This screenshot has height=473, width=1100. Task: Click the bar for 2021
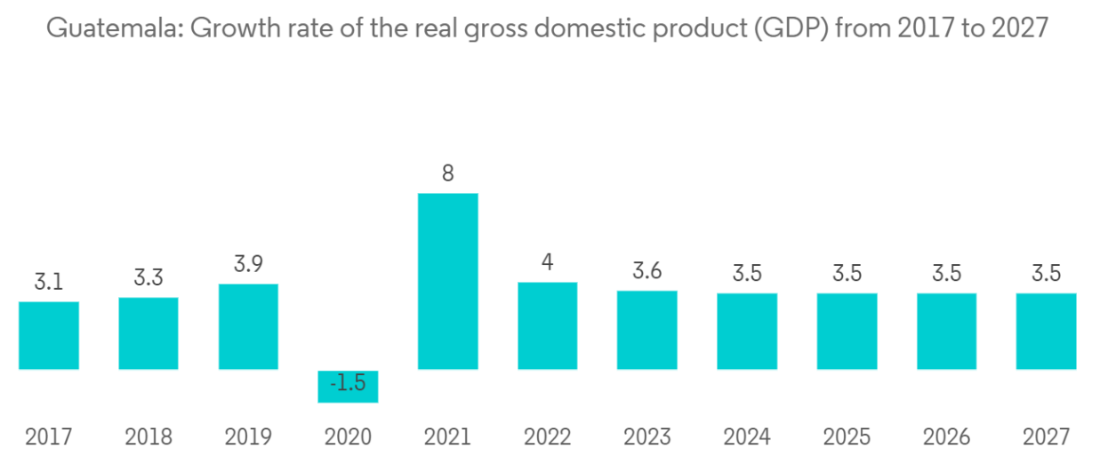[447, 281]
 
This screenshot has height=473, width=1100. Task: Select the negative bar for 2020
[348, 386]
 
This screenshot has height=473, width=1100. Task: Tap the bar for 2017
[49, 335]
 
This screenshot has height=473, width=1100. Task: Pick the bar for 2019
[248, 326]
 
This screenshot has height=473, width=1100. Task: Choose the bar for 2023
[646, 330]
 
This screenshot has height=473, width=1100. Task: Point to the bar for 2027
[1046, 331]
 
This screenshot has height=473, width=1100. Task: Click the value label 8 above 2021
[448, 173]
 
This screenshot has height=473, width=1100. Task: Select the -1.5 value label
[348, 385]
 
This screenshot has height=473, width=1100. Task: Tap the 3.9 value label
[248, 264]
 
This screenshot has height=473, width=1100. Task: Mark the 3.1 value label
[49, 282]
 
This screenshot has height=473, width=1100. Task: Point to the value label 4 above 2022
[548, 263]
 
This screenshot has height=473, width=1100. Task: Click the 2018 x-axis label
[149, 437]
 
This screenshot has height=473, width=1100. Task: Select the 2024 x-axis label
[747, 437]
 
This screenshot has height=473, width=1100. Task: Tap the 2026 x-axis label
[946, 437]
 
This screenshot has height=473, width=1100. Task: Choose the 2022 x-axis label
[548, 437]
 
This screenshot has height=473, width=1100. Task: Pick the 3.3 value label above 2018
[149, 277]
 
